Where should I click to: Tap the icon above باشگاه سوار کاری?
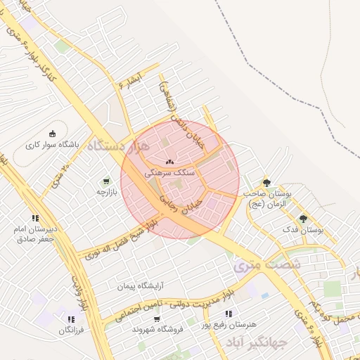click(x=51, y=134)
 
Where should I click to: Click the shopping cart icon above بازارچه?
click(x=106, y=180)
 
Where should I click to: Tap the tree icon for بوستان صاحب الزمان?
click(x=266, y=182)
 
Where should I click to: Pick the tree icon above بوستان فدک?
click(x=303, y=218)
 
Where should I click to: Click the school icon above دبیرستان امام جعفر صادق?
click(x=35, y=218)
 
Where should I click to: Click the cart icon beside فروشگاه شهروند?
click(x=156, y=318)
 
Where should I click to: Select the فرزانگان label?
click(x=71, y=330)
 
